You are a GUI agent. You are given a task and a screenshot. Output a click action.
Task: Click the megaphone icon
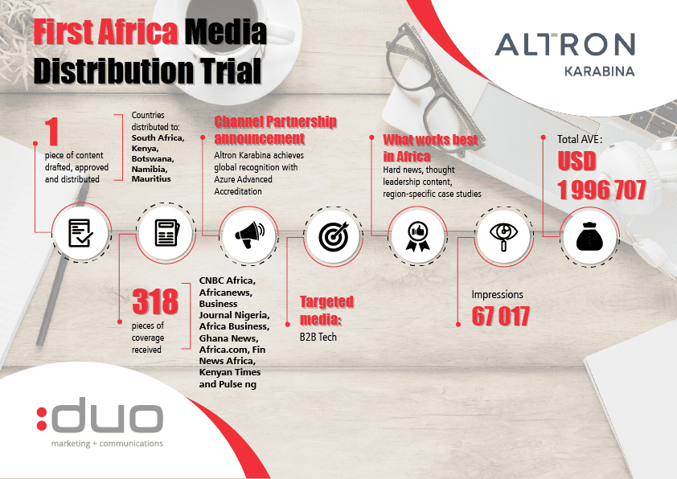(x=249, y=235)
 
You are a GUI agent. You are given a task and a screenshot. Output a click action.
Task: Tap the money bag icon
(x=590, y=236)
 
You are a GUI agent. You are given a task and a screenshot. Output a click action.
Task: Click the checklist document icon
(x=80, y=233)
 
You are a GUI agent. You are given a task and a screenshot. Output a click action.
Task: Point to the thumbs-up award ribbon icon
(x=418, y=236)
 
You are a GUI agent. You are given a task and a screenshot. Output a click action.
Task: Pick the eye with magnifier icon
(x=503, y=236)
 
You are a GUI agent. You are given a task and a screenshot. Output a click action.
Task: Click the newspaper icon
(x=167, y=233)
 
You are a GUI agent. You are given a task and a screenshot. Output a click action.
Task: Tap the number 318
(x=155, y=301)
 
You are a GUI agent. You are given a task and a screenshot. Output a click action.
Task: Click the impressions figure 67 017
(x=500, y=317)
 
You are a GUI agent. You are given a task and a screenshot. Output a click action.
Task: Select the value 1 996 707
(x=601, y=190)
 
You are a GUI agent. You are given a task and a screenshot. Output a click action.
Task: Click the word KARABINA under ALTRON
(x=599, y=72)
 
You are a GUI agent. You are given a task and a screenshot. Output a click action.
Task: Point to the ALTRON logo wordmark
(x=564, y=45)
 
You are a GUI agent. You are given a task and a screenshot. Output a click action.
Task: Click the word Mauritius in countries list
(x=151, y=178)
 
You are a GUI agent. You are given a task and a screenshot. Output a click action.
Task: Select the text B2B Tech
(x=318, y=337)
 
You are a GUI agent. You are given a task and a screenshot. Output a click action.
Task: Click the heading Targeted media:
(x=327, y=310)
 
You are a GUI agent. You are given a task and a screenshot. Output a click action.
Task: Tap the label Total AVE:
(x=580, y=139)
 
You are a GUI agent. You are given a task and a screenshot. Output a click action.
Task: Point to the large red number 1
(x=51, y=132)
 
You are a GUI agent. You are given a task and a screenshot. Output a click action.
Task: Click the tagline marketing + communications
(x=107, y=444)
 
